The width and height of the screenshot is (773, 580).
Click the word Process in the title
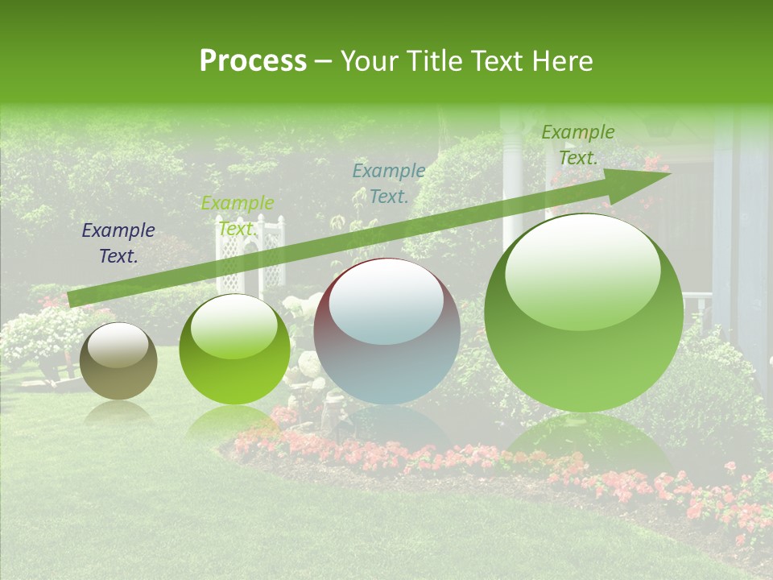253,60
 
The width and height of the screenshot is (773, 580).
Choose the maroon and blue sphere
387,331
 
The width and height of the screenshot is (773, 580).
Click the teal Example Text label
389,183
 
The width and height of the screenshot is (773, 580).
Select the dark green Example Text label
577,145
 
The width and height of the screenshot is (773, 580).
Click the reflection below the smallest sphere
118,412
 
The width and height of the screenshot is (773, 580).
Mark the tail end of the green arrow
70,300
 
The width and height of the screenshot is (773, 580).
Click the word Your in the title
369,60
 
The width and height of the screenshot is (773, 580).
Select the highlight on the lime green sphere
234,325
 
